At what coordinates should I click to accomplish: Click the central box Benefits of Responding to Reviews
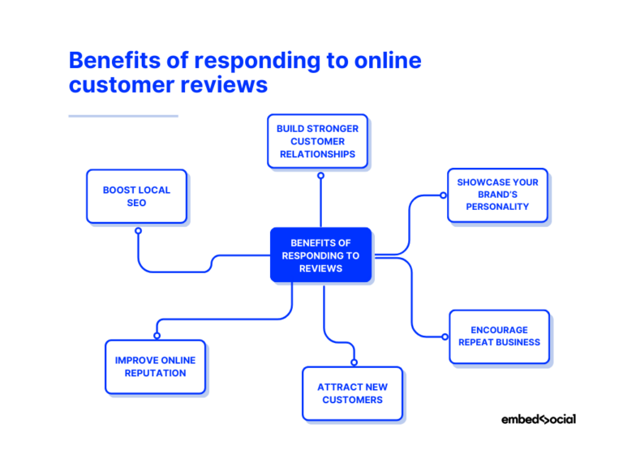[x=320, y=255]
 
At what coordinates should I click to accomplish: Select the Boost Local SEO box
[x=136, y=196]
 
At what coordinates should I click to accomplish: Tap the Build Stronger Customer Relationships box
[x=317, y=141]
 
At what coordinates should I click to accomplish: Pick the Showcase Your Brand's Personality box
[x=497, y=195]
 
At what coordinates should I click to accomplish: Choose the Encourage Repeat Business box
[x=499, y=336]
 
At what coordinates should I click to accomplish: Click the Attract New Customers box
[x=352, y=393]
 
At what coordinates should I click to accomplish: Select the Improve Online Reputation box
[x=155, y=366]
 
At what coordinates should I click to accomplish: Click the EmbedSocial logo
[x=538, y=419]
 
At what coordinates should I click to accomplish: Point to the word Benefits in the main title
[x=114, y=61]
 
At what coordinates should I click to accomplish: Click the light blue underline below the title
[x=123, y=116]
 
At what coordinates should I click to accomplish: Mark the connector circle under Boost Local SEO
[x=138, y=231]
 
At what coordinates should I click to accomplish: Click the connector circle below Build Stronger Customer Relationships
[x=320, y=175]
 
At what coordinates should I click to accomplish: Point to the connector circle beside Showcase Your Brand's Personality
[x=443, y=195]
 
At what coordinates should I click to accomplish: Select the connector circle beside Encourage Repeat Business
[x=445, y=336]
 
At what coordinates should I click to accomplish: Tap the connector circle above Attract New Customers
[x=354, y=362]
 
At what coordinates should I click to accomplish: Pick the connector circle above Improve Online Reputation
[x=157, y=335]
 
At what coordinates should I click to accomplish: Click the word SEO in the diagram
[x=136, y=203]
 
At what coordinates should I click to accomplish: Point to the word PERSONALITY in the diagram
[x=497, y=207]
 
